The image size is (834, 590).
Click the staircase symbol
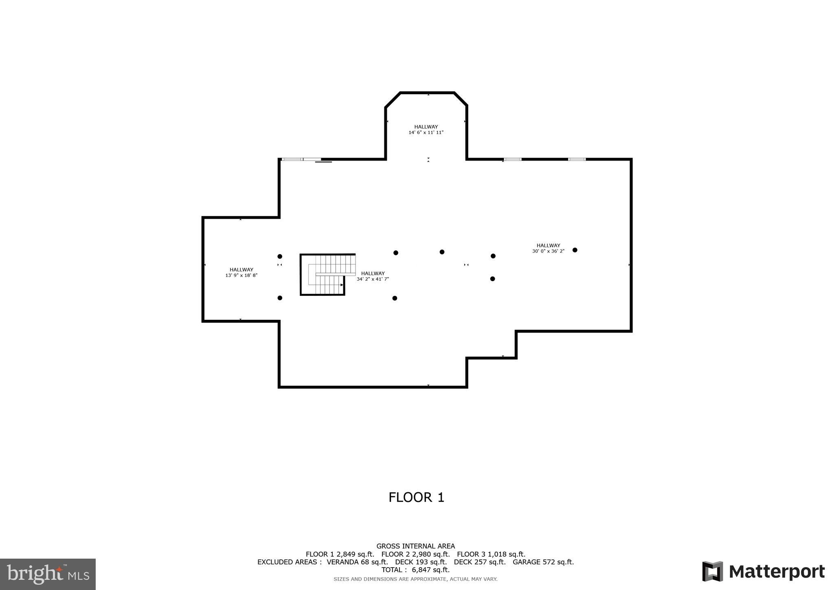(328, 274)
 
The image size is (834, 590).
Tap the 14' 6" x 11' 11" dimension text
(426, 132)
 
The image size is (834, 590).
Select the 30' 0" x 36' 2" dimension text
(548, 251)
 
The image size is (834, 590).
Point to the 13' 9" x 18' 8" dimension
(241, 275)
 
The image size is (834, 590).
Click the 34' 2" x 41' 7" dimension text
(373, 279)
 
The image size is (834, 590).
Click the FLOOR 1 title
(416, 498)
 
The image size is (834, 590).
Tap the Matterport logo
(763, 572)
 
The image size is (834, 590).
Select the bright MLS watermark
(48, 574)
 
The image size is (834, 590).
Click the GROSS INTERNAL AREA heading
(415, 546)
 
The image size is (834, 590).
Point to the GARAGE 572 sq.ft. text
(543, 562)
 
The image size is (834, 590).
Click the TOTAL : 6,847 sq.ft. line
(415, 570)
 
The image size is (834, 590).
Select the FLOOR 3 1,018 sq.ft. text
(491, 554)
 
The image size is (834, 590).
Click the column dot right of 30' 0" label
(575, 250)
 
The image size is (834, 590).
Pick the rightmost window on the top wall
(577, 159)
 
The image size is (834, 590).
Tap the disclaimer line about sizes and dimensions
(415, 579)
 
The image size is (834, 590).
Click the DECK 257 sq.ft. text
(479, 562)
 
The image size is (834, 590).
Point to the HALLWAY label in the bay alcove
(426, 127)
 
